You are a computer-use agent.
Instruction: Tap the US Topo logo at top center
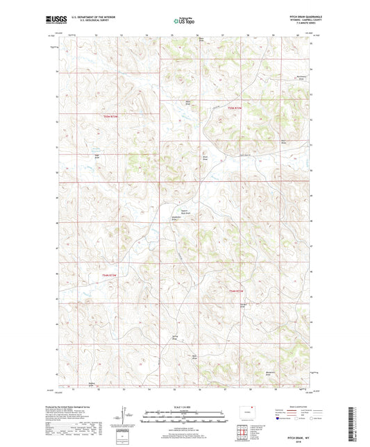tap(184, 21)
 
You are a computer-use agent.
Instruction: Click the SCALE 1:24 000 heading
tap(185, 406)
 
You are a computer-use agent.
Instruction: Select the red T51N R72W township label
tap(236, 108)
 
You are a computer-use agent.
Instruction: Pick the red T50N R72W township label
tap(236, 290)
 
